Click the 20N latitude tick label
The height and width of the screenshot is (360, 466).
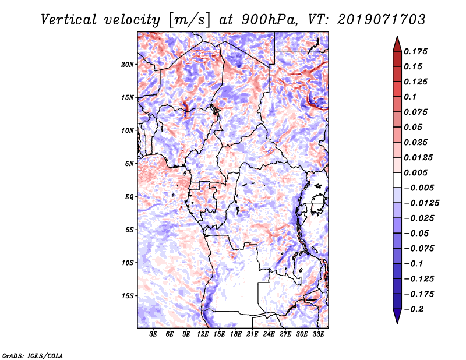click(128, 65)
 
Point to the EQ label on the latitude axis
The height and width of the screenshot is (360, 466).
click(129, 197)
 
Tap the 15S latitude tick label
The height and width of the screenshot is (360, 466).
click(128, 296)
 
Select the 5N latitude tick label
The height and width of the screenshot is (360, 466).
click(129, 164)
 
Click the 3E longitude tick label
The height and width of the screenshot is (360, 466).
click(153, 334)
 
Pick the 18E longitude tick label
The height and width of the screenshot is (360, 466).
click(236, 334)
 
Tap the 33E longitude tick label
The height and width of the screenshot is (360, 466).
click(318, 334)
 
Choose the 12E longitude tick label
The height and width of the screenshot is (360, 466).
click(203, 334)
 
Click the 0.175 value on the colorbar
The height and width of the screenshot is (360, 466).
click(416, 51)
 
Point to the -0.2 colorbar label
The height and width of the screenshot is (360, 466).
click(414, 309)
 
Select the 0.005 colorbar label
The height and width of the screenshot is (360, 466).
click(416, 172)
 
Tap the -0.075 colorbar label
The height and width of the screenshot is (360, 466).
click(419, 249)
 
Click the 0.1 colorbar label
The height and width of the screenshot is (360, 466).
click(411, 97)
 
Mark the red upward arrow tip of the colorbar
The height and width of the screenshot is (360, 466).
click(397, 37)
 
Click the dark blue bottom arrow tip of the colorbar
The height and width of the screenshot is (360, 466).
click(397, 323)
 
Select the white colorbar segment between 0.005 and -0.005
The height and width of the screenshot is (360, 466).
click(397, 180)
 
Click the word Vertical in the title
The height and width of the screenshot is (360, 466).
click(69, 20)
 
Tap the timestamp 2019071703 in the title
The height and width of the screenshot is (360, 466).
click(382, 20)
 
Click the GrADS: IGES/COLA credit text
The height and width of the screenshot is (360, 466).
click(33, 356)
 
